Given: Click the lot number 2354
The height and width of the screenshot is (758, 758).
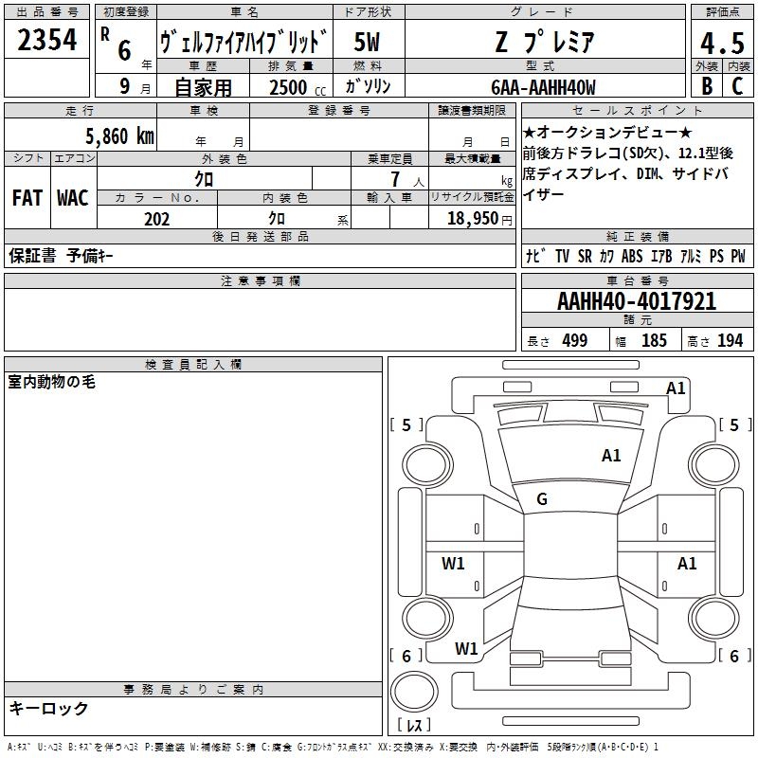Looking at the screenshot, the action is pos(46,40).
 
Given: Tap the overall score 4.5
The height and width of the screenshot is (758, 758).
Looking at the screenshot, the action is pos(722,43).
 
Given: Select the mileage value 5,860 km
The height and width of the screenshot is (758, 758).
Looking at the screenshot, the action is pos(119,136).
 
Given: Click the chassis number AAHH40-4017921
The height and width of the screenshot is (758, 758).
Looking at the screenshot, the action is pos(637,301).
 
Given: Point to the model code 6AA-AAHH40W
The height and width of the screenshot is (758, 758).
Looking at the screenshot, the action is pos(543,87).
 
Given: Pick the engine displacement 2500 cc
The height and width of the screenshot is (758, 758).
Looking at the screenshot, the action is pos(298,87).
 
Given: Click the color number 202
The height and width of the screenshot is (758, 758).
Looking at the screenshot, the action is pos(156,219).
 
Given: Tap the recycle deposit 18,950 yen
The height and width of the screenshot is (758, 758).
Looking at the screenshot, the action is pos(479,219).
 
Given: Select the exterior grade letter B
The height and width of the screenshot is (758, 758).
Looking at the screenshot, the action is pos(707,86).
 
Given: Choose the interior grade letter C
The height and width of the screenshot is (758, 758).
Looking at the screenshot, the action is pos(737,86).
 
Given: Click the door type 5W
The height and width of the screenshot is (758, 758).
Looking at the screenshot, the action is pos(367,42).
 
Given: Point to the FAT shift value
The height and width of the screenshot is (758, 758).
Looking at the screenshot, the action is pos(27,198).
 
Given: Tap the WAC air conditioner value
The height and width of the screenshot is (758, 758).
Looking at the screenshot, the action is pos(73,198).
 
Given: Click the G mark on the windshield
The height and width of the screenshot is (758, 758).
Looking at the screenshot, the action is pos(542,499).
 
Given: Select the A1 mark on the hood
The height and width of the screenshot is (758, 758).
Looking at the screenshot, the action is pos(611,456).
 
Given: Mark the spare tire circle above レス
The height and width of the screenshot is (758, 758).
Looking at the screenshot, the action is pos(414,692).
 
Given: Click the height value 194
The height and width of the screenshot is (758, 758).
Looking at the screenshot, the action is pos(730,340).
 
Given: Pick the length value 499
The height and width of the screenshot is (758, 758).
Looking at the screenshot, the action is pos(575,340).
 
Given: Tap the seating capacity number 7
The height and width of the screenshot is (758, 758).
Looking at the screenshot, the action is pos(395,179).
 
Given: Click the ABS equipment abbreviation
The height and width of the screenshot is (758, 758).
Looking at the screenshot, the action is pos(632,256).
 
